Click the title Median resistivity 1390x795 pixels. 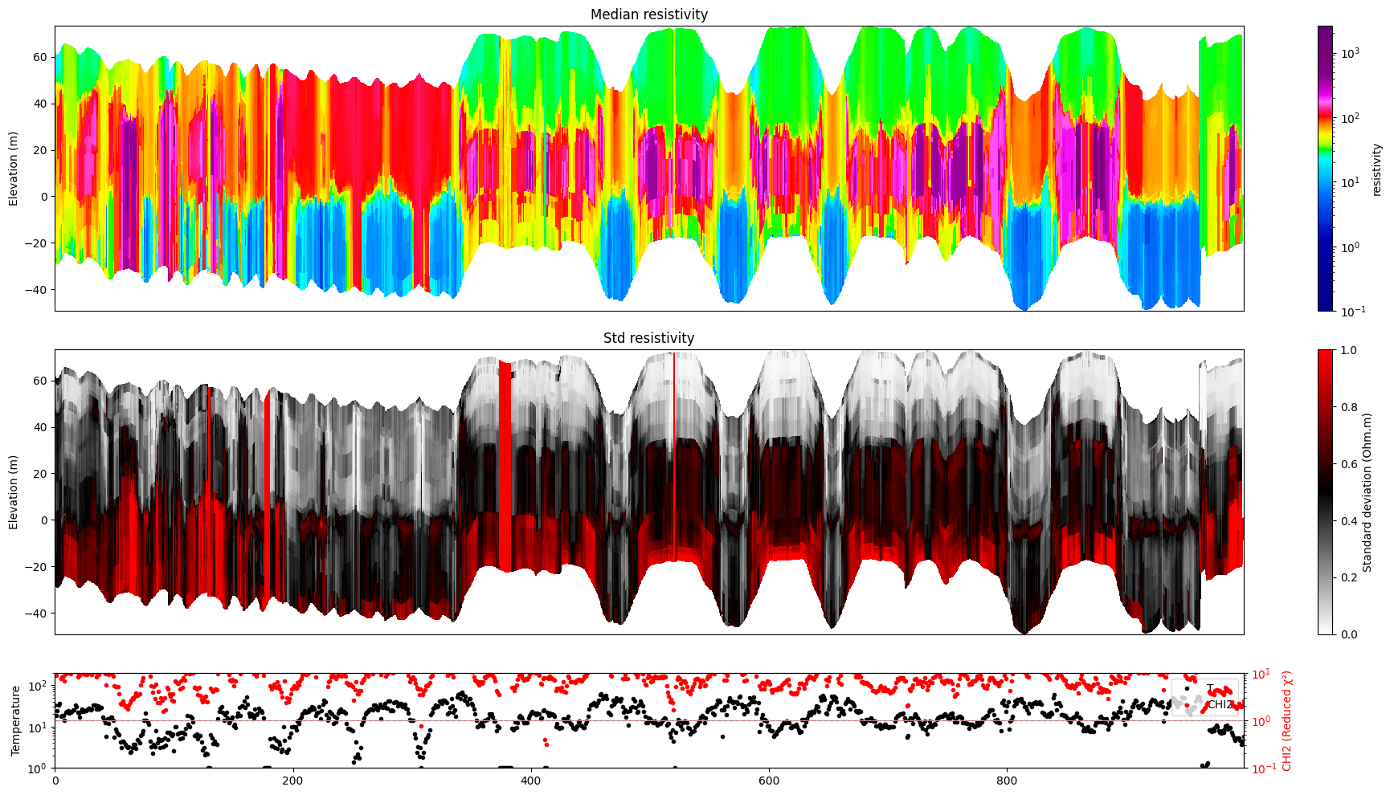point(648,14)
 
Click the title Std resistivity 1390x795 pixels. point(648,338)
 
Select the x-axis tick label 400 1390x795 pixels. point(530,780)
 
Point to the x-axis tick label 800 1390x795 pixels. point(1007,780)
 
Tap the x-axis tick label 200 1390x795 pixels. point(292,780)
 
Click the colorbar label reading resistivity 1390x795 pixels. point(1376,169)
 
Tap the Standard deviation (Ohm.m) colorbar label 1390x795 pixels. point(1367,491)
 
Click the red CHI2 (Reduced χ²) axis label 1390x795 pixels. point(1287,720)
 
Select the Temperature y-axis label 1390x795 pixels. point(15,720)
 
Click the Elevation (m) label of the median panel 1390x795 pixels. point(13,169)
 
